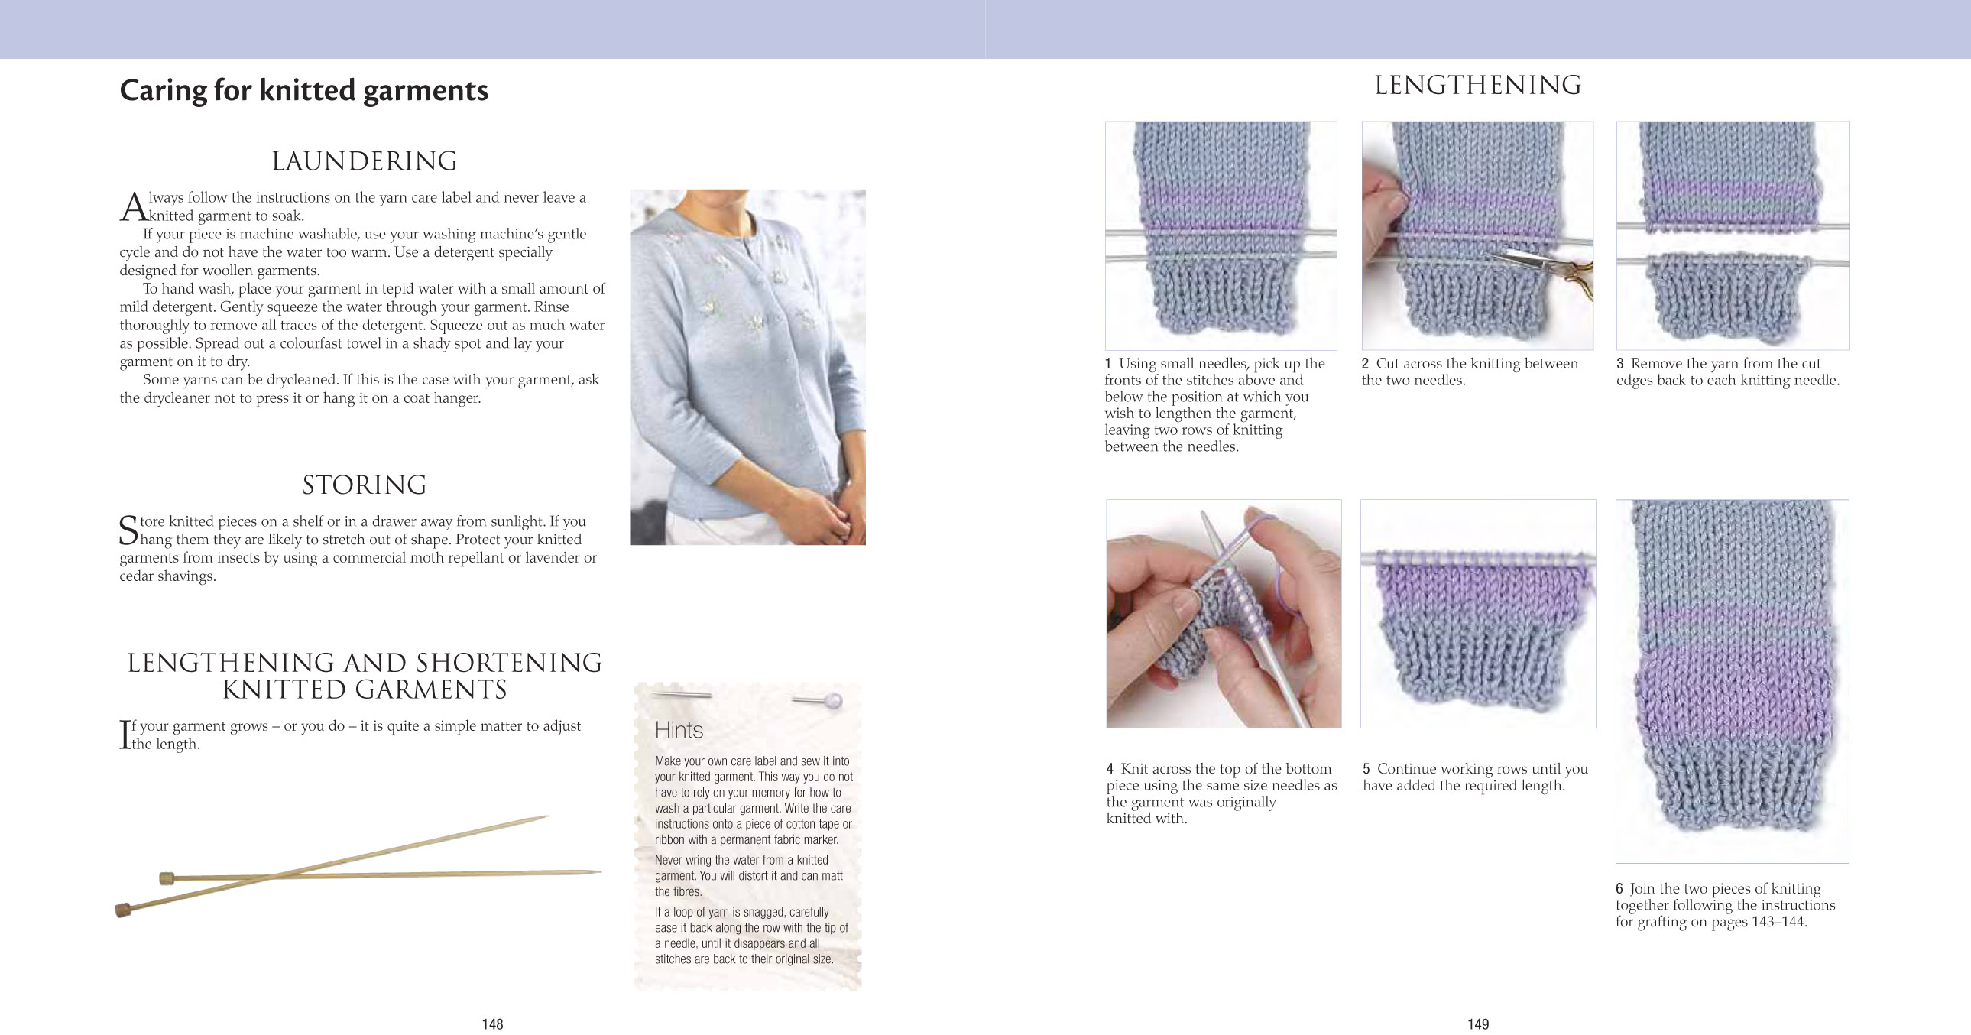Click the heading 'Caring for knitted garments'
pos(303,90)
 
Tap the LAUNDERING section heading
pos(365,161)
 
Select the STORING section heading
pos(365,485)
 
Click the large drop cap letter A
pos(133,206)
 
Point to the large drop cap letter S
pos(128,530)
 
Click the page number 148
pos(492,1024)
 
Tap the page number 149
pos(1477,1024)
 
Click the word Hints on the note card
pos(679,730)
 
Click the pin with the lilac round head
pos(834,699)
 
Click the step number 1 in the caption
pos(1108,364)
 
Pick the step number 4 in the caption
pos(1110,768)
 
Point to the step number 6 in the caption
pos(1619,889)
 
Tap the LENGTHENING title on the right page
pos(1477,86)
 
